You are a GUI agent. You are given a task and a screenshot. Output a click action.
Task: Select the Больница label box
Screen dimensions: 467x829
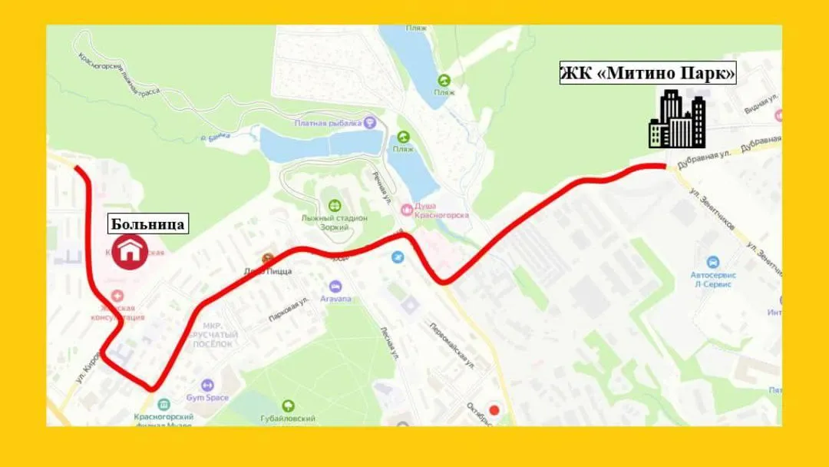point(147,224)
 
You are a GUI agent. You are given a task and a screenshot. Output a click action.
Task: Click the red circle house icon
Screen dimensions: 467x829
point(131,251)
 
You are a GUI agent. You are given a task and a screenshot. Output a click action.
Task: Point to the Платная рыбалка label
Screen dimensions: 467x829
point(327,123)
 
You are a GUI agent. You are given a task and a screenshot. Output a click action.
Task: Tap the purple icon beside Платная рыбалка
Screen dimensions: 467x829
point(371,121)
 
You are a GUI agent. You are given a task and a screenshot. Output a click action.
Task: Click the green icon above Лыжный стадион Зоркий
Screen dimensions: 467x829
point(335,205)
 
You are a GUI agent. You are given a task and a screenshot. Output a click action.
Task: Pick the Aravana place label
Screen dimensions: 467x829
point(335,297)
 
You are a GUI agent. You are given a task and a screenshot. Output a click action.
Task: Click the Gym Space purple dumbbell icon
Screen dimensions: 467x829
point(206,385)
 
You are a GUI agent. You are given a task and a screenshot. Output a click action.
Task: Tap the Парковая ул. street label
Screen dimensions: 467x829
point(289,311)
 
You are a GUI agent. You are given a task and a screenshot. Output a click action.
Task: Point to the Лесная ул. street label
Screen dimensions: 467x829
point(390,343)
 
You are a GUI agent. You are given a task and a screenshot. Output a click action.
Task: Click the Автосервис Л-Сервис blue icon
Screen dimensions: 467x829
point(714,262)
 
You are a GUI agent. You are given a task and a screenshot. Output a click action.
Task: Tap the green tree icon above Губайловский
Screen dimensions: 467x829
point(288,405)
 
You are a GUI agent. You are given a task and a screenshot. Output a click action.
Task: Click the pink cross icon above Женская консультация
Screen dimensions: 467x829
point(116,296)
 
